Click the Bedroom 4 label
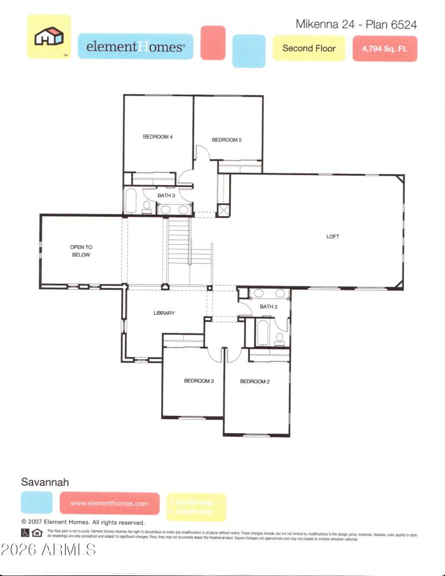coord(158,136)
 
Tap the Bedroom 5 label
coord(226,140)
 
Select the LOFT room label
coord(333,237)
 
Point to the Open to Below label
coord(80,251)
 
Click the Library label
coord(164,313)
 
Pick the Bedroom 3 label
coord(199,381)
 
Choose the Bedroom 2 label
coord(255,381)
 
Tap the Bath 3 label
coord(166,196)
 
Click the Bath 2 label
coord(268,307)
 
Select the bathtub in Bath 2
coord(262,332)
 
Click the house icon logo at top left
coord(49,37)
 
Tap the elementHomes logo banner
coord(135,47)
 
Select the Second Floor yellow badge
coord(309,48)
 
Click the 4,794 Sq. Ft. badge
coord(384,49)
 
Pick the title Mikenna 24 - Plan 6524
coord(356,24)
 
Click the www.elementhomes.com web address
coord(110,503)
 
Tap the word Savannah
coord(45,482)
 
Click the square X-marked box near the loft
coord(223,210)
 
